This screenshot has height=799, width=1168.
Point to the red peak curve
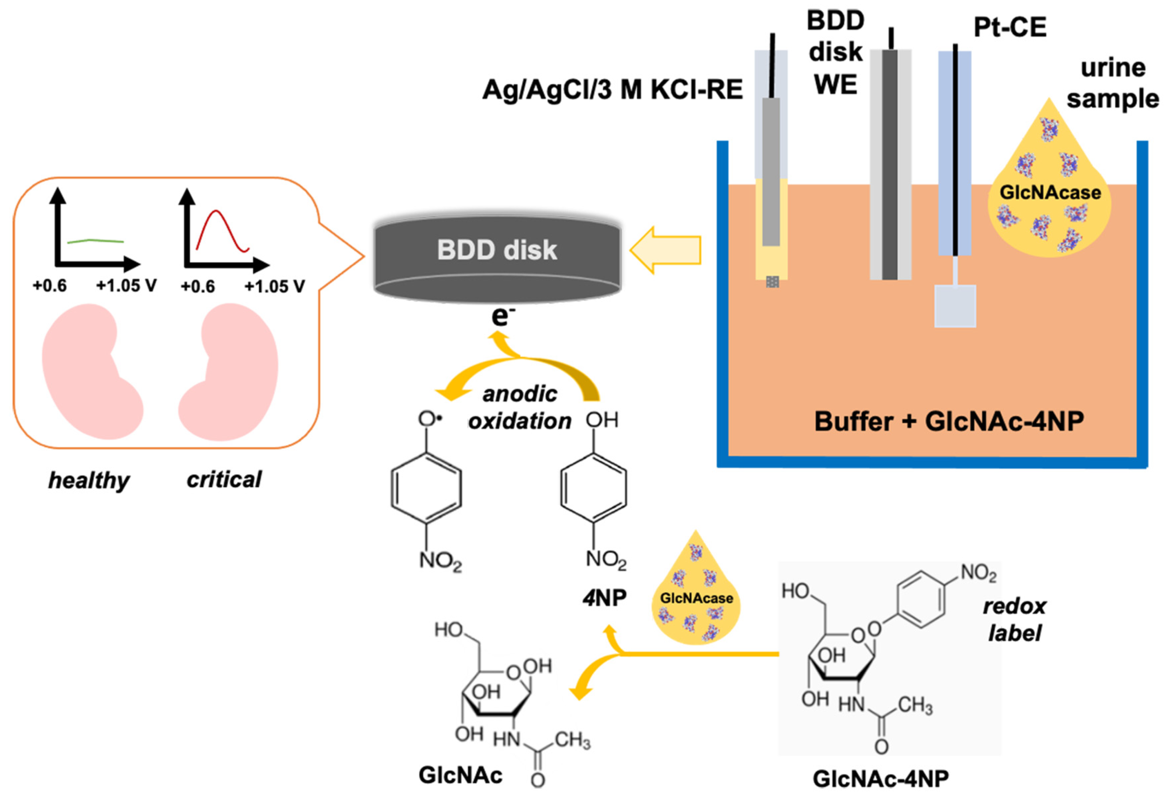(x=217, y=221)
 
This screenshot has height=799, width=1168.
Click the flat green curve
(x=95, y=241)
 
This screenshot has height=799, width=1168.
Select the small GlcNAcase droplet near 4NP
(x=696, y=598)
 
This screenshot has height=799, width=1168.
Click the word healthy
(x=89, y=481)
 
